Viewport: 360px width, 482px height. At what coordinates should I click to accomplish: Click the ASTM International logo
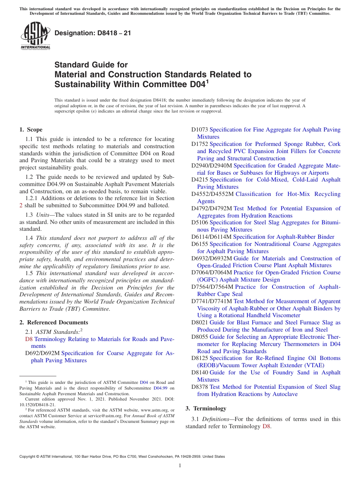tap(35, 36)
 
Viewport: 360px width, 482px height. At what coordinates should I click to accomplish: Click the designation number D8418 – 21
tap(93, 33)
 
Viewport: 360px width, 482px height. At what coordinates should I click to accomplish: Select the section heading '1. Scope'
tap(31, 130)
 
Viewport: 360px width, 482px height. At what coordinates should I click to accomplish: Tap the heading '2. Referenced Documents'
tap(54, 322)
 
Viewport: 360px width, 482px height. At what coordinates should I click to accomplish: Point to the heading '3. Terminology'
tap(206, 408)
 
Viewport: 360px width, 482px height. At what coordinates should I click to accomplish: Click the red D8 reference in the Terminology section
tap(267, 426)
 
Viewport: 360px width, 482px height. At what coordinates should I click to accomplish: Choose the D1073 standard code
tap(200, 130)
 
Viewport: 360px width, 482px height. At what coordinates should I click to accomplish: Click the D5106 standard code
tap(200, 223)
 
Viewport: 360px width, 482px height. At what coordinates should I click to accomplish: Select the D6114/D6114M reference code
tap(211, 237)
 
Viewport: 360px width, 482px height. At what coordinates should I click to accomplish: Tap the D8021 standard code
tap(200, 322)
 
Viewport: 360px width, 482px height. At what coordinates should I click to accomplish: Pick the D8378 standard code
tap(200, 387)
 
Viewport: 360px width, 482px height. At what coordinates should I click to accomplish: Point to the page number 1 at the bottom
tap(180, 465)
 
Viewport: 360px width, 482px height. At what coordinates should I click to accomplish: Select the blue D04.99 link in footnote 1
tap(160, 388)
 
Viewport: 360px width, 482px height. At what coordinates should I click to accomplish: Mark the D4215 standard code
tap(200, 180)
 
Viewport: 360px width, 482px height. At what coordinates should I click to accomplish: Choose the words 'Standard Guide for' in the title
tap(91, 65)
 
